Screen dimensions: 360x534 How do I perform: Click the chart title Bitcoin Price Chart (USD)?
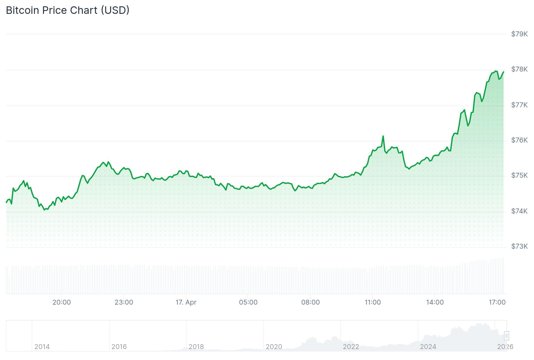(68, 10)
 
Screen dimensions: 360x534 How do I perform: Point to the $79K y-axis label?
(519, 34)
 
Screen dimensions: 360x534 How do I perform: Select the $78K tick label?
(519, 69)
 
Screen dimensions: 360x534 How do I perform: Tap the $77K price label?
(519, 105)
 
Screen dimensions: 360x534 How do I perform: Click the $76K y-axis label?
(519, 140)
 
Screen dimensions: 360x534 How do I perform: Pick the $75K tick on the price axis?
(519, 175)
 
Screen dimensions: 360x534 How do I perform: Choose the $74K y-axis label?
(519, 211)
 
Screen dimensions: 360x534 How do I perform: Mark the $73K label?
(519, 246)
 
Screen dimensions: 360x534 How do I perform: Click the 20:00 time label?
(61, 302)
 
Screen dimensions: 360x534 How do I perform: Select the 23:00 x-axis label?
(124, 302)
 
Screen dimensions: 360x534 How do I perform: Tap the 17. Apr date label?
(186, 302)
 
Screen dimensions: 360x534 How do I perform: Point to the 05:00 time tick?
(248, 302)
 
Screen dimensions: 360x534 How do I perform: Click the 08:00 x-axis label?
(310, 302)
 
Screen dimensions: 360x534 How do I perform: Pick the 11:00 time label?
(372, 302)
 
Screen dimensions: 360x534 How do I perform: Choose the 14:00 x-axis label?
(435, 302)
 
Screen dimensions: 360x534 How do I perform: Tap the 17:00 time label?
(497, 302)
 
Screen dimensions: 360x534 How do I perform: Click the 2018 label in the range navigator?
(196, 346)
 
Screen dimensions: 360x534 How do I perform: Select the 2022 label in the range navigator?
(351, 346)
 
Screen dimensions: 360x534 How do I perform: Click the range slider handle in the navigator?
(506, 336)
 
